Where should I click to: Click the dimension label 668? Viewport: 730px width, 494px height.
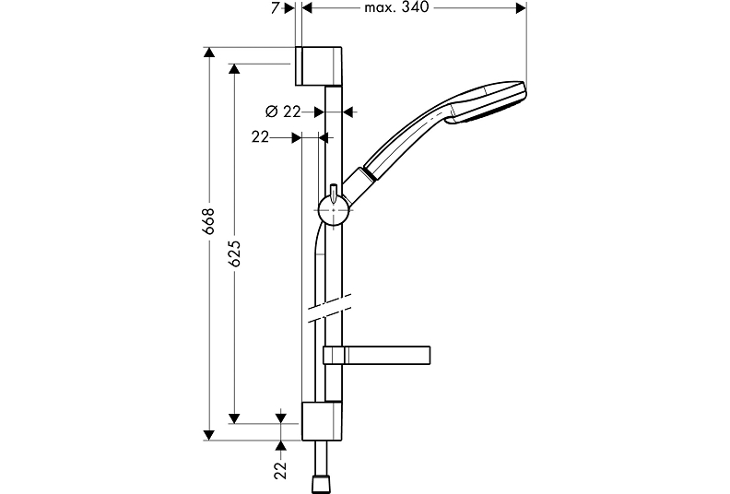209,220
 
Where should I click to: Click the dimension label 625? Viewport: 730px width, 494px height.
235,253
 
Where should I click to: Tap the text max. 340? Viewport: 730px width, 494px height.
396,7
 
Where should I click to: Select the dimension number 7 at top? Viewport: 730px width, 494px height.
276,8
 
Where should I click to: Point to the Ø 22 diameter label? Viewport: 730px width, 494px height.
283,112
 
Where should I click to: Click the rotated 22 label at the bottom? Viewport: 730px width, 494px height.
280,471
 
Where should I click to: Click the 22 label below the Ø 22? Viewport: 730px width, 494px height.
260,137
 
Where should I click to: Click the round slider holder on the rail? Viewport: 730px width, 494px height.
334,210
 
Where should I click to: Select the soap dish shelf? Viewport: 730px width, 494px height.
376,355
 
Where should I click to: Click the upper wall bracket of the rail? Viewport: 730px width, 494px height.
319,66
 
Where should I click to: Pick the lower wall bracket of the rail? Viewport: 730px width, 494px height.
322,420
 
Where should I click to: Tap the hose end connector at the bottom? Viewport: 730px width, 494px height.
322,483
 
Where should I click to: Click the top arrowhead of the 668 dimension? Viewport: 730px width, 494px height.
209,53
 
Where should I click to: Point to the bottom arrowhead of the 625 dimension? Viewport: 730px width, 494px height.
234,418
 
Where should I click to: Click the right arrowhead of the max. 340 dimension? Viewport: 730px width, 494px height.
521,8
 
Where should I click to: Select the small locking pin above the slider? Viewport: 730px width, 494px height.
334,193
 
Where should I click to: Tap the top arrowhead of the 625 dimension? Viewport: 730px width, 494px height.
234,69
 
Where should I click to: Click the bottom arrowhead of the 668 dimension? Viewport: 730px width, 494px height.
209,435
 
